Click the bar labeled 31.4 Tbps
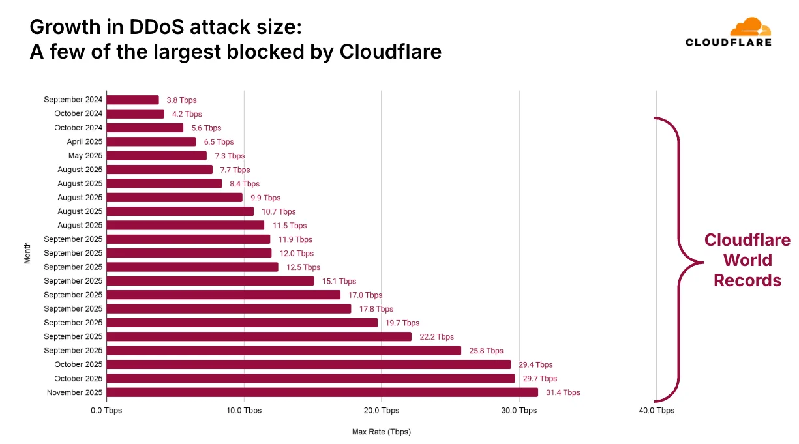click(322, 392)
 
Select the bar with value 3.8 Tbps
click(132, 100)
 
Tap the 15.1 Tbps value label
click(339, 281)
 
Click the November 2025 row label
click(74, 392)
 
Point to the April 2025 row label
click(84, 141)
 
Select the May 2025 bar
click(157, 156)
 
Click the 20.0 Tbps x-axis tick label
click(382, 411)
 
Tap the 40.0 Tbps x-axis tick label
click(656, 411)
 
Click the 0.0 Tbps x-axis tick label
click(106, 411)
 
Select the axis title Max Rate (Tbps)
click(382, 432)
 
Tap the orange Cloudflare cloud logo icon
click(749, 27)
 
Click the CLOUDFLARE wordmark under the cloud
click(728, 42)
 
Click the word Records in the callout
click(747, 280)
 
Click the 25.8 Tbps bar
click(284, 351)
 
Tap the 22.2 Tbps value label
click(436, 337)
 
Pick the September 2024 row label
click(73, 100)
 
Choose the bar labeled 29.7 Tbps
click(310, 378)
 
